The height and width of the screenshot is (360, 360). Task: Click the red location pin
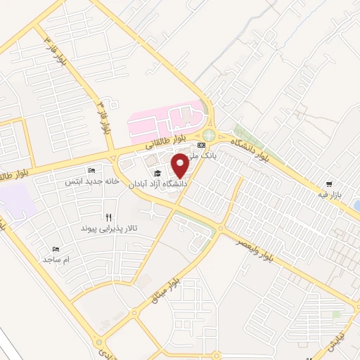[x=179, y=166]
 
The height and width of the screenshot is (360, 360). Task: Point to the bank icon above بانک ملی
[x=202, y=145]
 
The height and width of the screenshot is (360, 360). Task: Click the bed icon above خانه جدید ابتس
[x=91, y=170]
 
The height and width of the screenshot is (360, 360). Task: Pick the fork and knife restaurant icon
[x=108, y=218]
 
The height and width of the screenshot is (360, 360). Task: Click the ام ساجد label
[x=58, y=259]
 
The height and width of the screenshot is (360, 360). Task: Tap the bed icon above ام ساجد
[x=56, y=249]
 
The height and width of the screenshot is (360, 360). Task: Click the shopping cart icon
[x=349, y=184]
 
